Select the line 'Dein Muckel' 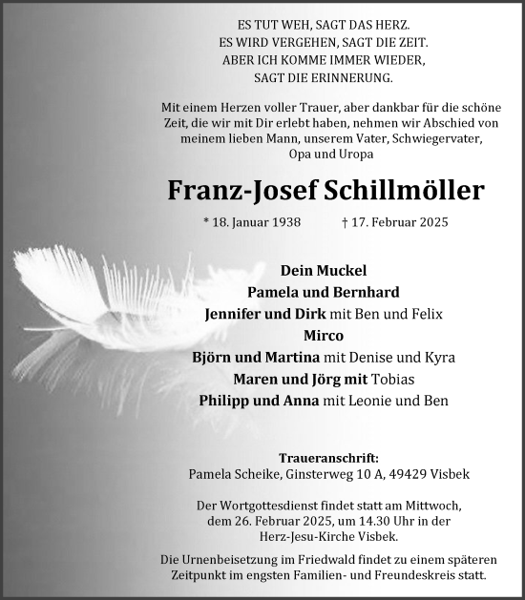click(x=324, y=270)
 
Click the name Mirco click(x=324, y=336)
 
